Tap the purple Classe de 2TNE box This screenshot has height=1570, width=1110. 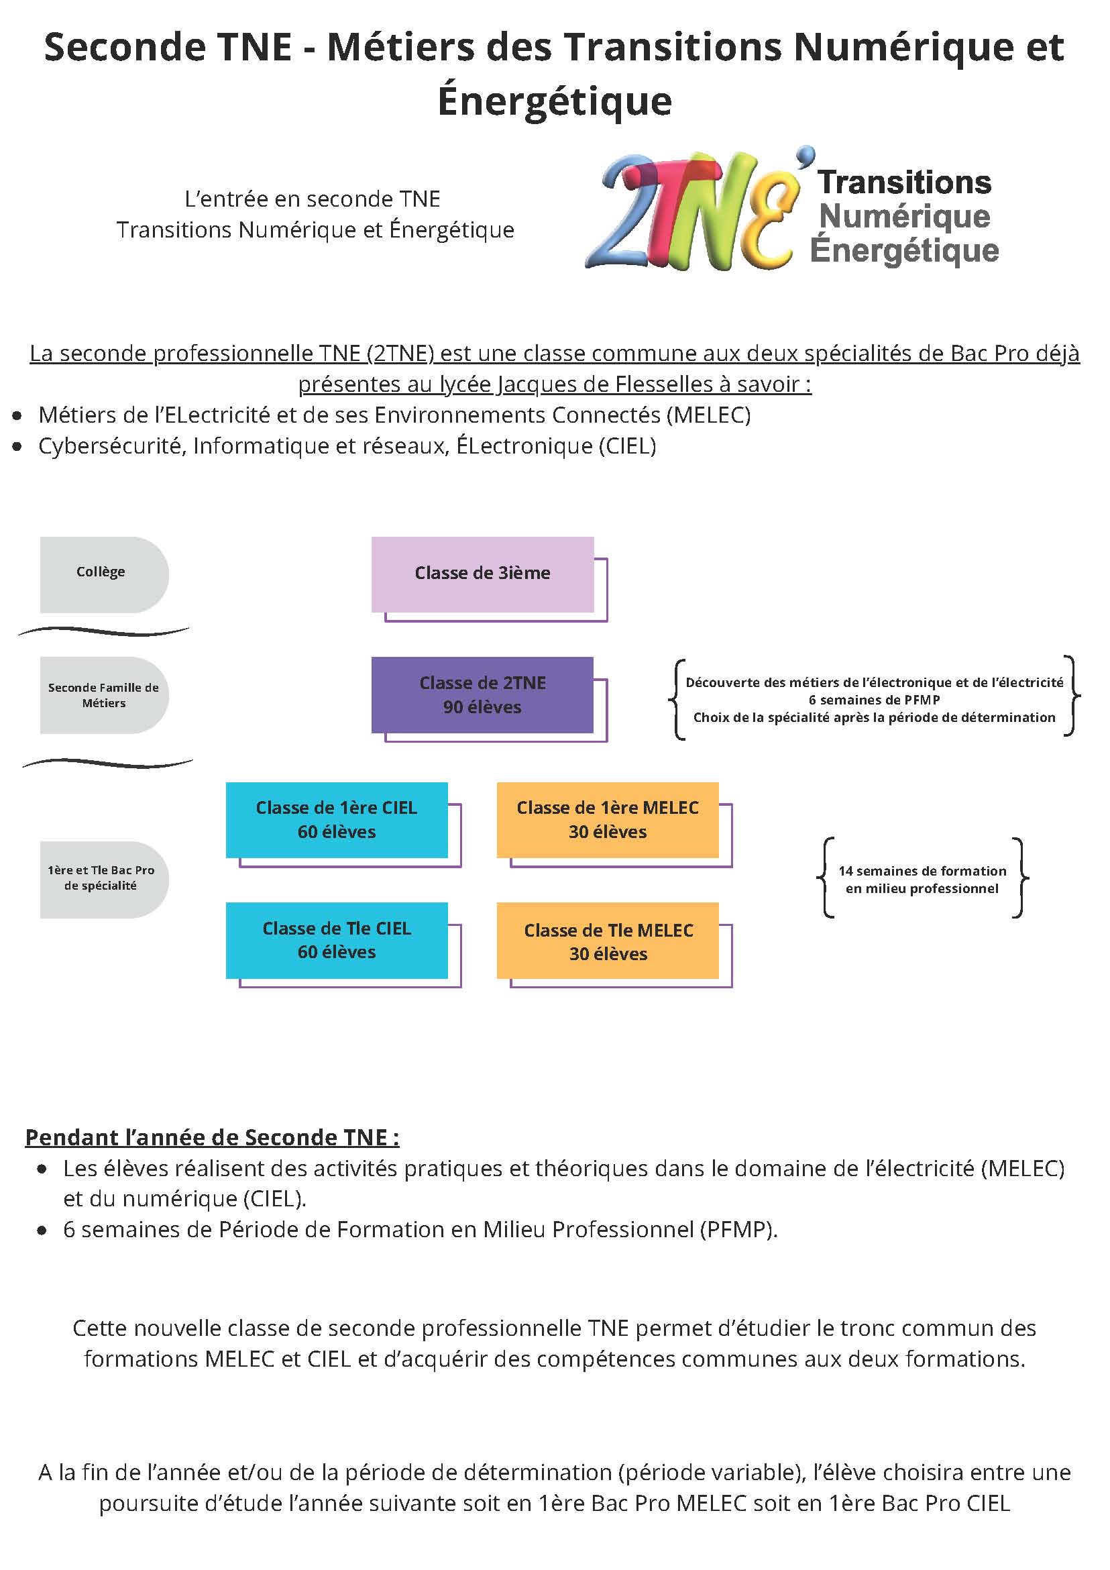pos(482,694)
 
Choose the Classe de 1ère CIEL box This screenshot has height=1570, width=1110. pos(337,820)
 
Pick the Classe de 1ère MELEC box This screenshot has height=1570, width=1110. pos(608,820)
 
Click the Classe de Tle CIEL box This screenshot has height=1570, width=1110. pos(337,940)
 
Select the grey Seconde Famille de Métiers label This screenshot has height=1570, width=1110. pos(104,695)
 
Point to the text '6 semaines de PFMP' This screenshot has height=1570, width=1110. pos(874,700)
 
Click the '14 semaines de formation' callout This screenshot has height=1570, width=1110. pos(922,880)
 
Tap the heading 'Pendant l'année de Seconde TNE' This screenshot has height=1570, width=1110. pos(212,1137)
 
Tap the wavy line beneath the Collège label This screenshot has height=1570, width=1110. pos(104,631)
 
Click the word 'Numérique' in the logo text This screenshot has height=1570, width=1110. pos(904,216)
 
